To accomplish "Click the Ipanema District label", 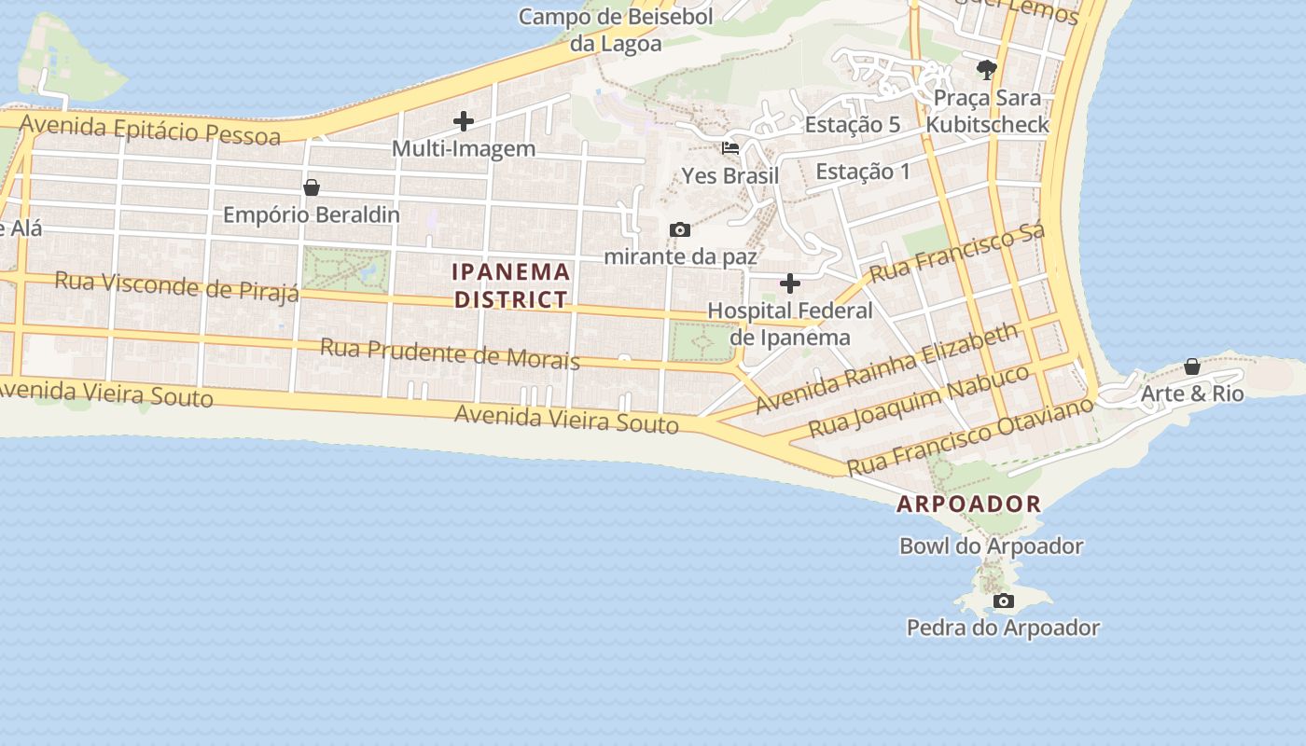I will point(511,285).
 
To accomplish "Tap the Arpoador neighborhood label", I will point(968,504).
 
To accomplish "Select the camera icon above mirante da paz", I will point(680,229).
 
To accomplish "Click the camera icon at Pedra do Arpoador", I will point(1003,601).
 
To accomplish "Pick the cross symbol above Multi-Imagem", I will point(463,121).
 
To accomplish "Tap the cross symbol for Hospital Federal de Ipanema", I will point(789,283).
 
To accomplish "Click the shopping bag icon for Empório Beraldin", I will point(312,187).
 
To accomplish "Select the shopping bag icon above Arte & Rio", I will point(1191,366).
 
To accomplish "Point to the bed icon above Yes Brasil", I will point(730,148).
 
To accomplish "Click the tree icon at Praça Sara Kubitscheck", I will point(986,69).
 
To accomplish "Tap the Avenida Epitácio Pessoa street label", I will point(149,130).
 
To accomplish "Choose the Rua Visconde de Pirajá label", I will point(176,285).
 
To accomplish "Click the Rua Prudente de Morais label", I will point(450,353).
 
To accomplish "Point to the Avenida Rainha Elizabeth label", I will point(886,368).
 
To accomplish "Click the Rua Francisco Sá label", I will point(957,252).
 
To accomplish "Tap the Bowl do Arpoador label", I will point(991,546).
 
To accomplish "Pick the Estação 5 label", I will point(852,124).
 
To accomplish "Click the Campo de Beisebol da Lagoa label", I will point(616,30).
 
